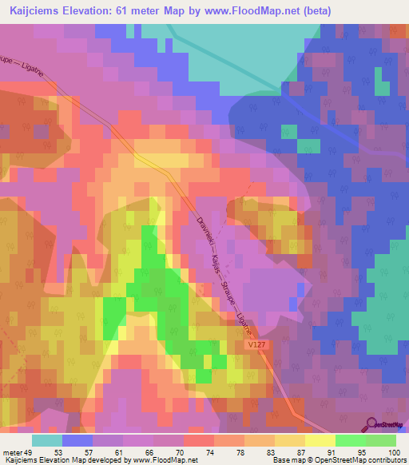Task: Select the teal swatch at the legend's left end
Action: (47, 441)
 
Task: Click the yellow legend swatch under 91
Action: (320, 441)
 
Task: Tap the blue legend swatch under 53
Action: (77, 441)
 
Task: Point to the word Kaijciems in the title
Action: (34, 10)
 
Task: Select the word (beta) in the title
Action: (314, 10)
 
